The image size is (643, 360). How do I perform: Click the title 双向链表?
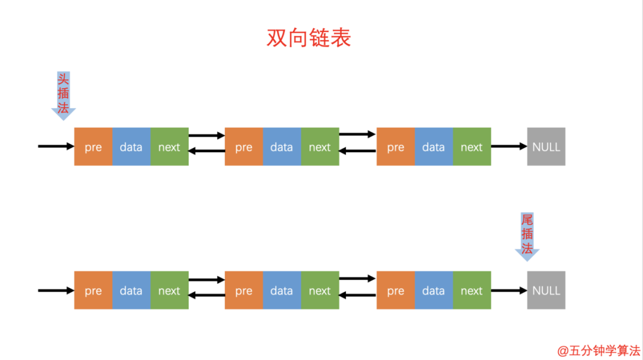(308, 37)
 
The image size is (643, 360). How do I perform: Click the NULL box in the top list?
(546, 146)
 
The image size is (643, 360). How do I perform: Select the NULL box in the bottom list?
(546, 290)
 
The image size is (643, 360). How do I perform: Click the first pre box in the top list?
(93, 146)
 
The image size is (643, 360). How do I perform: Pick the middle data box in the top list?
(282, 146)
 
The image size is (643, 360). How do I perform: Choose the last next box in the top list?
(472, 146)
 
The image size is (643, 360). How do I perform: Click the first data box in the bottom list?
(131, 290)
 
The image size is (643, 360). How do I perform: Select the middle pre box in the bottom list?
(244, 290)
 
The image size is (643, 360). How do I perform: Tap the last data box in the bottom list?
(433, 290)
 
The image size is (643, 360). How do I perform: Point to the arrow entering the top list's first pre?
(55, 146)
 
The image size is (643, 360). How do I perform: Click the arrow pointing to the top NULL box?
(509, 146)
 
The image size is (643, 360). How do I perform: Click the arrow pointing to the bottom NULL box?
(509, 290)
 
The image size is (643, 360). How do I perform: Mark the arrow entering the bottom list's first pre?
(55, 290)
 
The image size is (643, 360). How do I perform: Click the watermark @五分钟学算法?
(598, 350)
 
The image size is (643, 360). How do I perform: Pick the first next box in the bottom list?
(169, 290)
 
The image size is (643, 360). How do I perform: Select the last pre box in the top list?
(395, 146)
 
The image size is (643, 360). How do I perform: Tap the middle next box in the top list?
(320, 146)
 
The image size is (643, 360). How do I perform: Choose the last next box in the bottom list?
(472, 290)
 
